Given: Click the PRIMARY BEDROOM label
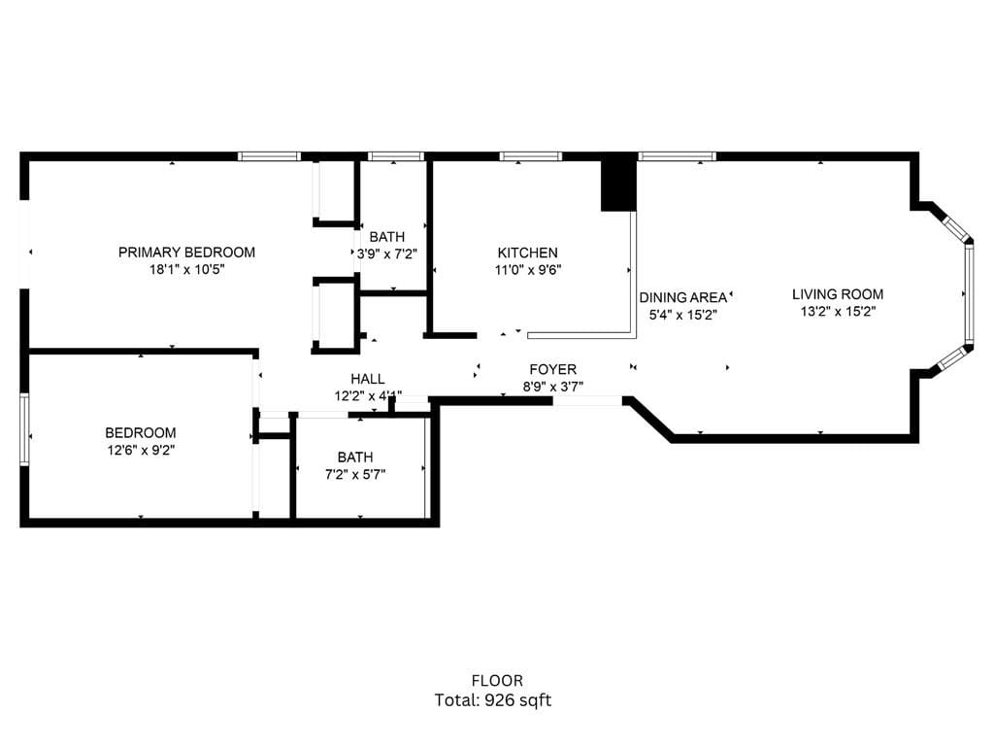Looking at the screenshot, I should [x=186, y=253].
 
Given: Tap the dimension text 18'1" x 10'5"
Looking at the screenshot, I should [x=186, y=270].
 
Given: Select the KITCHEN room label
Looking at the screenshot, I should [x=528, y=254].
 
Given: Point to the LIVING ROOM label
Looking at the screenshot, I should [x=838, y=294].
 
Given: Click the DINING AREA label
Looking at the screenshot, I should [x=683, y=297].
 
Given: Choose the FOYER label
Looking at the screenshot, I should [x=552, y=369].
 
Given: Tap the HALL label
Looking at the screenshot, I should [x=368, y=379].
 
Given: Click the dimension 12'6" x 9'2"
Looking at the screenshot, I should [x=141, y=450].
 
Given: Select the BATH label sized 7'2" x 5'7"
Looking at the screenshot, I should [x=354, y=458].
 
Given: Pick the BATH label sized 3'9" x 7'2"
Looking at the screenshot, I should [x=386, y=237].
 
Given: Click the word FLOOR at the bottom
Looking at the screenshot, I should [x=497, y=681].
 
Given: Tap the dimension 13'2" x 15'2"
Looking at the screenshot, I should [x=838, y=312].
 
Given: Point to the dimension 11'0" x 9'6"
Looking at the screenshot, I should [x=528, y=271].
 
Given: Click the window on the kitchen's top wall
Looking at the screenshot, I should [x=530, y=155].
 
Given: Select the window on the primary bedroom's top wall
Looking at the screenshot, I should [x=270, y=155].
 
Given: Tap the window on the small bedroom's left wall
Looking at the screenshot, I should [x=24, y=429].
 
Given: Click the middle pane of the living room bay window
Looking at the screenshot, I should [x=968, y=293].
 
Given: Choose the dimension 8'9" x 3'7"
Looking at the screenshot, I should [x=552, y=386].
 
